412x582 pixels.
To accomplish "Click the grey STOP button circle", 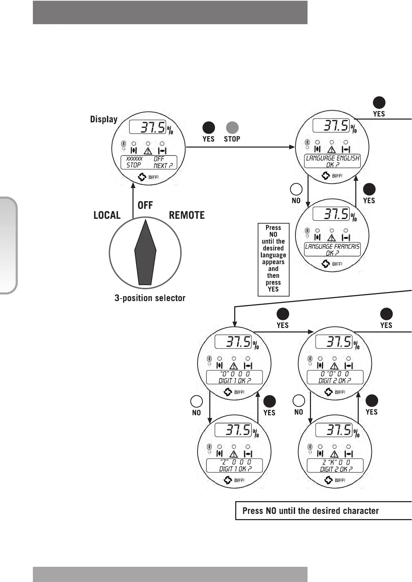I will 232,128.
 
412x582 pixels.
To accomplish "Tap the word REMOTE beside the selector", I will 186,215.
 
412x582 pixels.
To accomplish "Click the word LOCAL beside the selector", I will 107,215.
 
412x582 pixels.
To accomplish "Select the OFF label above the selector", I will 145,205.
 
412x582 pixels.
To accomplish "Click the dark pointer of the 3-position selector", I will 145,252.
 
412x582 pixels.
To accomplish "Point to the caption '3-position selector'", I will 150,298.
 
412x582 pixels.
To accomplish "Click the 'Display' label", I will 103,119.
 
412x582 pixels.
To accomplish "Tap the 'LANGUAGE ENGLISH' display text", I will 332,158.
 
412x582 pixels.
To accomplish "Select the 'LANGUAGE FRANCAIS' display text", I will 332,246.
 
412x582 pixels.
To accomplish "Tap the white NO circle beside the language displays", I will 296,189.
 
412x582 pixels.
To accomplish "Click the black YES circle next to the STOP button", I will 209,128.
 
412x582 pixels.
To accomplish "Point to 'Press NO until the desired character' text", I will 310,511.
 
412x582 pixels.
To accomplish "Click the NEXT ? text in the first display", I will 163,166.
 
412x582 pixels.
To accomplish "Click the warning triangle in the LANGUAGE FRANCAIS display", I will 331,237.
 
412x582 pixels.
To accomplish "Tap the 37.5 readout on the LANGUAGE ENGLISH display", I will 336,125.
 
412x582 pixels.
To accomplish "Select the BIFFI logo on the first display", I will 149,177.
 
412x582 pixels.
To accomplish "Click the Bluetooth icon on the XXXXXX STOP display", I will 123,144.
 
